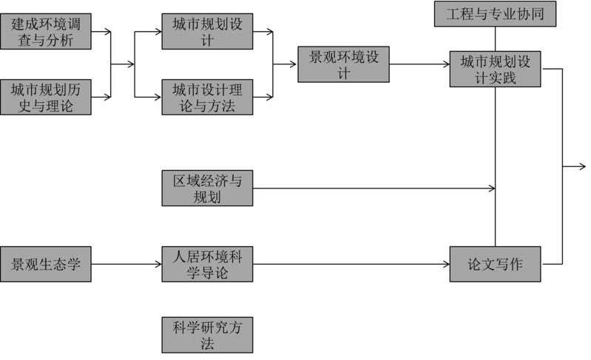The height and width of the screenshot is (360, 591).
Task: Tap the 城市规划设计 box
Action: coord(207,31)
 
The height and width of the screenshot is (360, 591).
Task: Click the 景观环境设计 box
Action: coord(343,64)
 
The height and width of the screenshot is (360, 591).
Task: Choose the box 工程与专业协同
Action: coord(495,14)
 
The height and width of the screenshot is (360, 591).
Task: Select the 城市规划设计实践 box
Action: coord(495,68)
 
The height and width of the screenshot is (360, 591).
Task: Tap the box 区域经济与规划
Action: coord(207,189)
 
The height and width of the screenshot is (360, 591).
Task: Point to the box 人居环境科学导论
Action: coord(207,264)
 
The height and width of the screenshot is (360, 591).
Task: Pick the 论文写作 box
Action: coord(495,264)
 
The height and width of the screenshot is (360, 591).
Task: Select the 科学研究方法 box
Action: coord(207,334)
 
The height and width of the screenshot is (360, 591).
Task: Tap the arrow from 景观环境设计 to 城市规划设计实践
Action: coord(419,64)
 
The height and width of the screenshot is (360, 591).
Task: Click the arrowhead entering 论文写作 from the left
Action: coord(446,264)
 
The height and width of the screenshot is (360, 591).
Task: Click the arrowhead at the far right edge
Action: coord(583,166)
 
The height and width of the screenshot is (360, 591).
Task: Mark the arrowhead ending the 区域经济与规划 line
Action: coord(491,189)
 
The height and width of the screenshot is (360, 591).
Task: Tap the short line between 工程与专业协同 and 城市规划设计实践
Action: coord(495,38)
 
